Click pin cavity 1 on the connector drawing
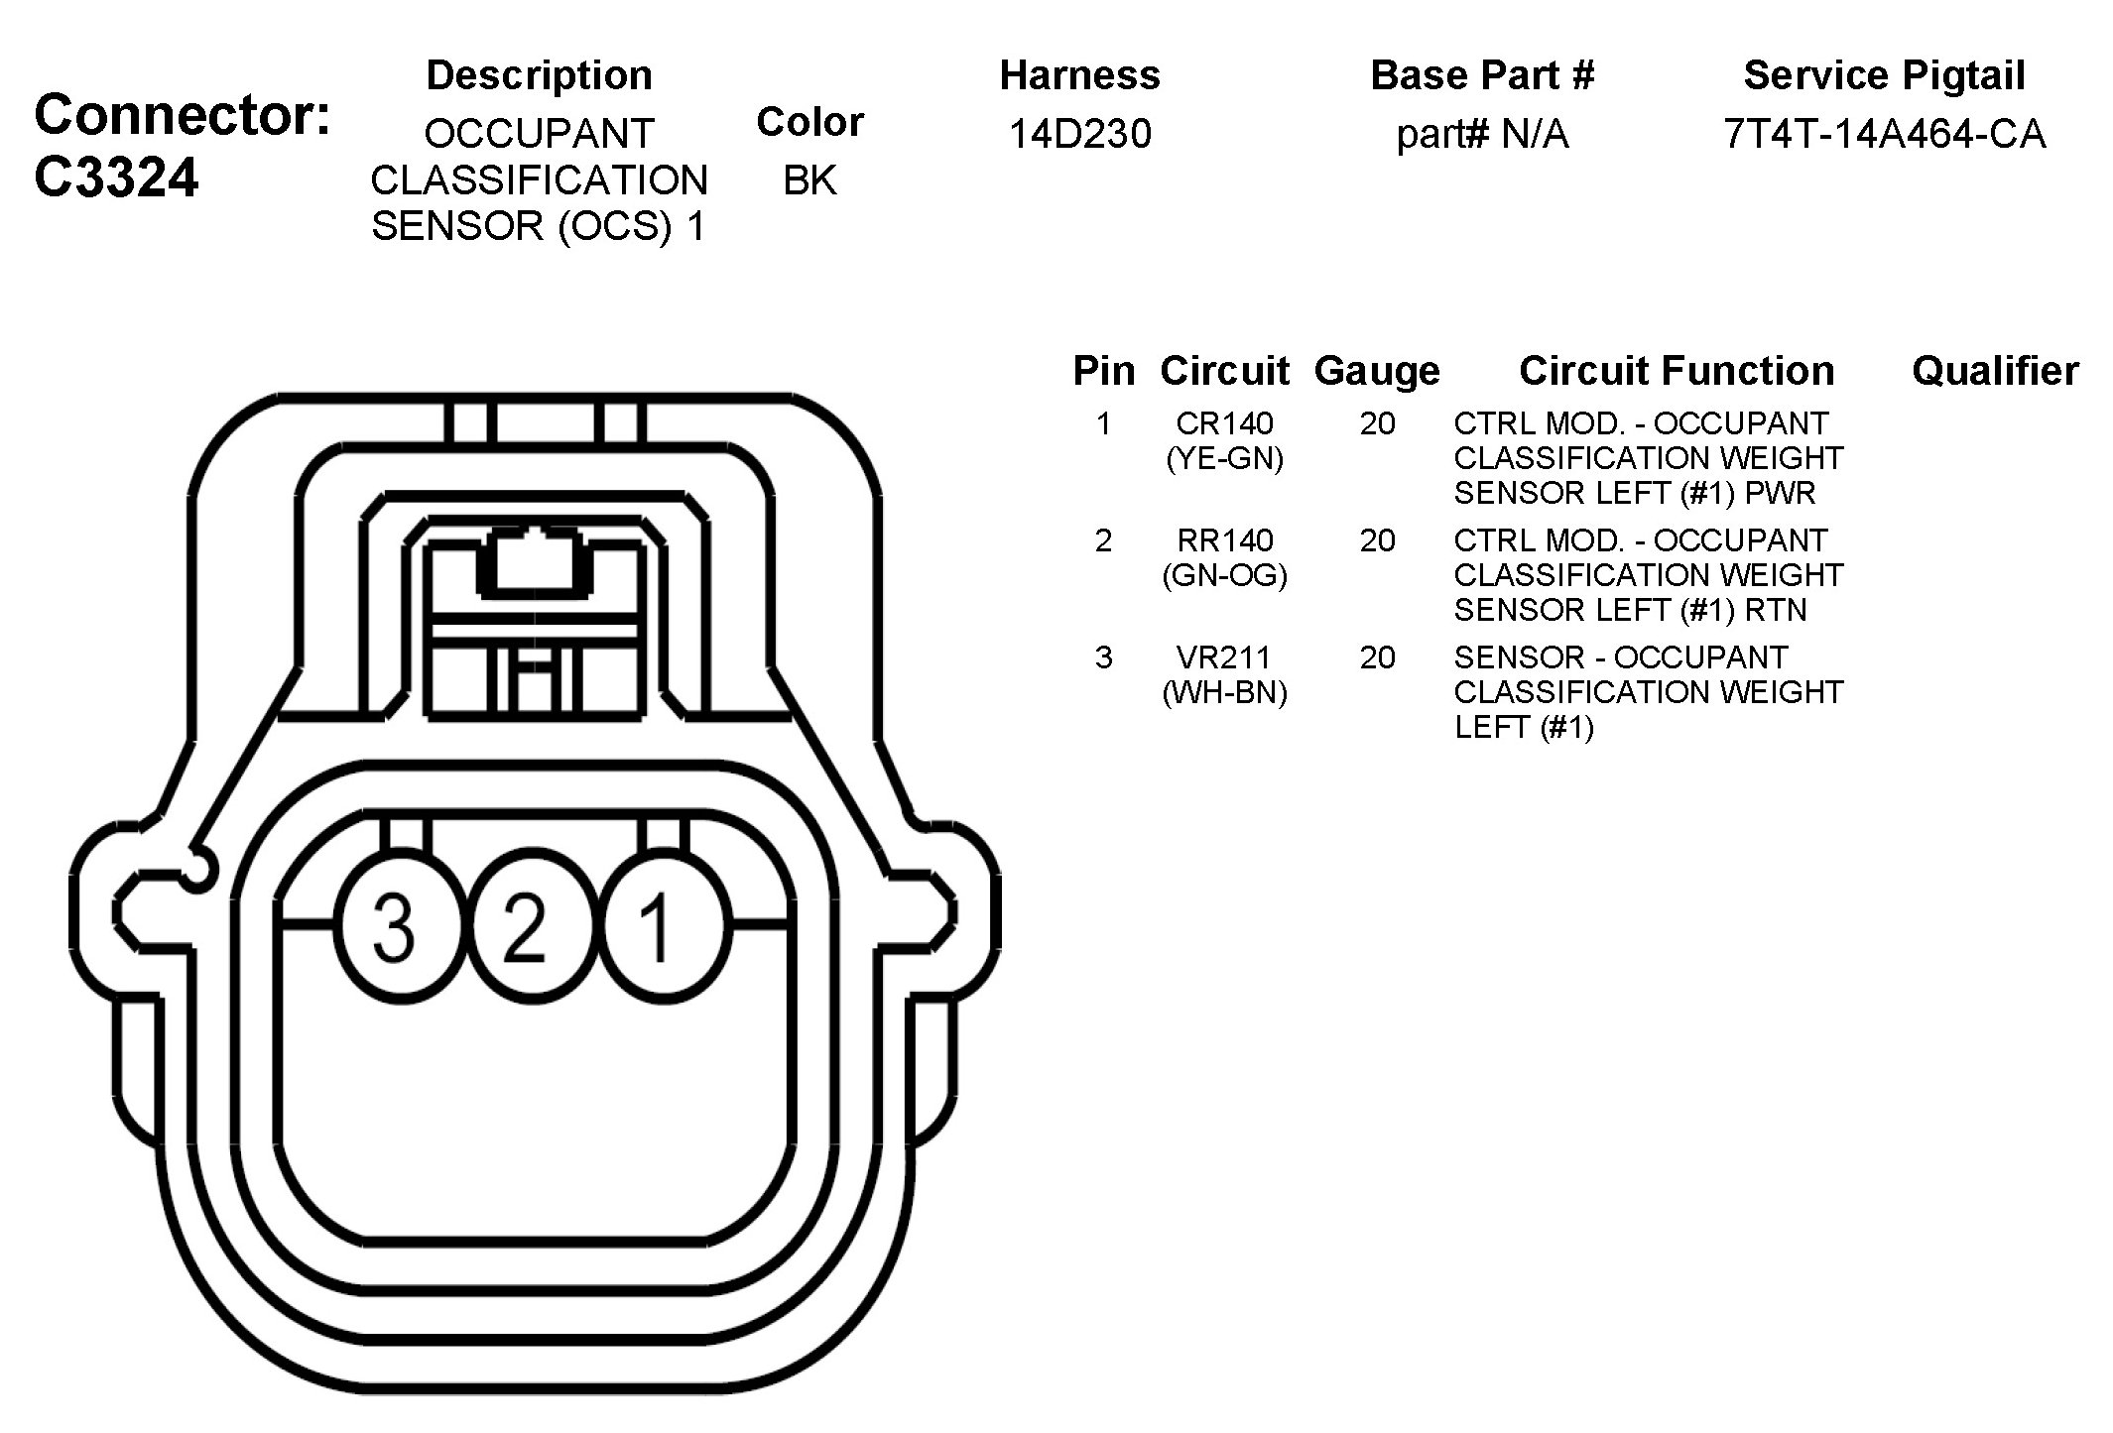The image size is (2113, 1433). tap(656, 926)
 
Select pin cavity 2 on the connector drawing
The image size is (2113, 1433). tap(526, 926)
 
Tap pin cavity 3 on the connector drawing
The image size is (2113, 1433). tap(395, 926)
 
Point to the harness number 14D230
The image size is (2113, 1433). tap(1079, 134)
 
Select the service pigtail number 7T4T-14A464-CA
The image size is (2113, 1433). tap(1884, 134)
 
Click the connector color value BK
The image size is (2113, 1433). tap(809, 180)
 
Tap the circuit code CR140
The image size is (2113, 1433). tap(1224, 424)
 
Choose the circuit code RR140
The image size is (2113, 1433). tap(1224, 541)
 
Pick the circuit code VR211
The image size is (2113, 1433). tap(1224, 657)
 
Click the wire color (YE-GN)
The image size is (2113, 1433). tap(1224, 459)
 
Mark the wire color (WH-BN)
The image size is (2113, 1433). tap(1224, 692)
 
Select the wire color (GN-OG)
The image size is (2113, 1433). tap(1224, 576)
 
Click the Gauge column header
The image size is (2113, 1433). tap(1377, 371)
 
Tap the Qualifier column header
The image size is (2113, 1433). tap(1995, 371)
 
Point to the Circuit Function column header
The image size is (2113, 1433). tap(1677, 371)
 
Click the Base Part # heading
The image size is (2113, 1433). tap(1482, 75)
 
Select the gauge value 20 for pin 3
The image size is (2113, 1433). tap(1377, 657)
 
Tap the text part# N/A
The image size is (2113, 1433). tap(1482, 134)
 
